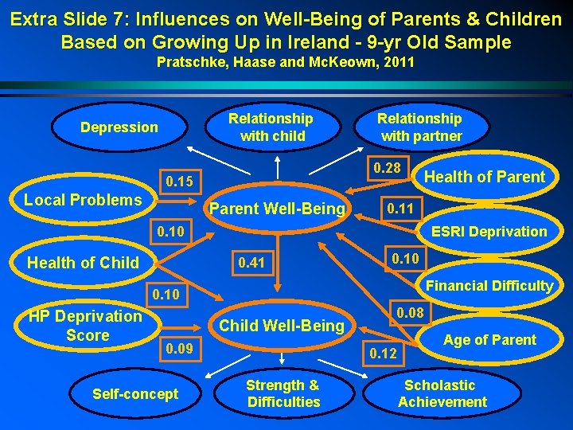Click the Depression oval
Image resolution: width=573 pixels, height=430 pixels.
[x=119, y=127]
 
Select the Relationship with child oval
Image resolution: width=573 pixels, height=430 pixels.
[x=272, y=127]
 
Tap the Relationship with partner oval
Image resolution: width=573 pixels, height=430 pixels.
[x=419, y=127]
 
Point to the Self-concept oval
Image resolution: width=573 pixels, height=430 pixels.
[x=135, y=393]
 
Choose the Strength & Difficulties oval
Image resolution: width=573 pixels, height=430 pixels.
[x=283, y=393]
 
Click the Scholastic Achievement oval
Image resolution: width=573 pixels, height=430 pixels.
[x=442, y=393]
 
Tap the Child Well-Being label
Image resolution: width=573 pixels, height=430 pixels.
[x=282, y=325]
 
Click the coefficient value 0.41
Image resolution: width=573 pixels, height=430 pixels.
[x=251, y=263]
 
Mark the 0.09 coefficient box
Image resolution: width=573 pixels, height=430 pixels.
[x=180, y=348]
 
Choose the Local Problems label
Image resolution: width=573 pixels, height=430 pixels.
[x=83, y=199]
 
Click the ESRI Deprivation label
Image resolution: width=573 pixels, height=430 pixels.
[x=489, y=232]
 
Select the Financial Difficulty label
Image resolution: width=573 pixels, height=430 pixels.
[x=489, y=285]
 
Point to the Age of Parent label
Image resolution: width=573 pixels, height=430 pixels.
[x=489, y=340]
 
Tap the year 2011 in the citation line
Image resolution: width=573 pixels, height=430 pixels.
[x=399, y=62]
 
